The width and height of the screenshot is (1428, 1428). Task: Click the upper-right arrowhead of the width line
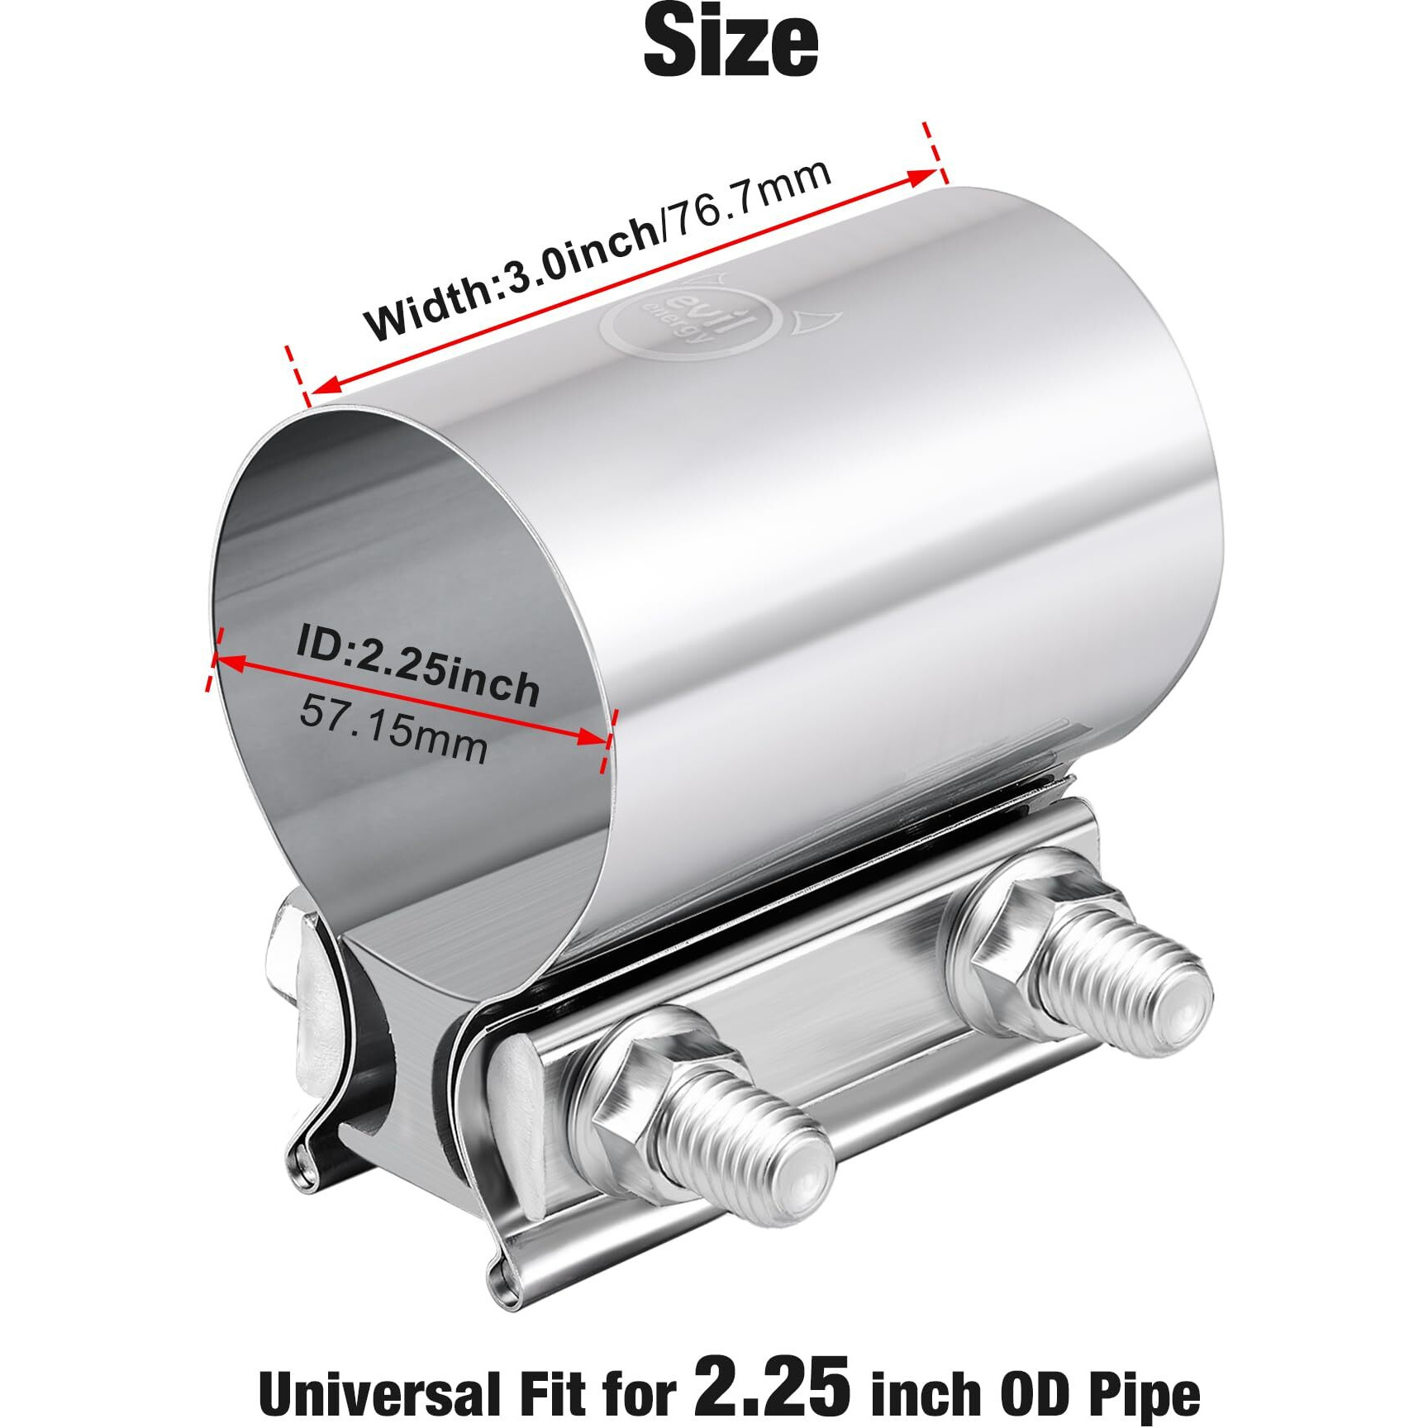pyautogui.click(x=921, y=176)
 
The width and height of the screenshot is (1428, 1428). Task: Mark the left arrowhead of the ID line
pyautogui.click(x=227, y=660)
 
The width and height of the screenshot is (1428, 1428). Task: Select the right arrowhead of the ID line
pyautogui.click(x=595, y=738)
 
